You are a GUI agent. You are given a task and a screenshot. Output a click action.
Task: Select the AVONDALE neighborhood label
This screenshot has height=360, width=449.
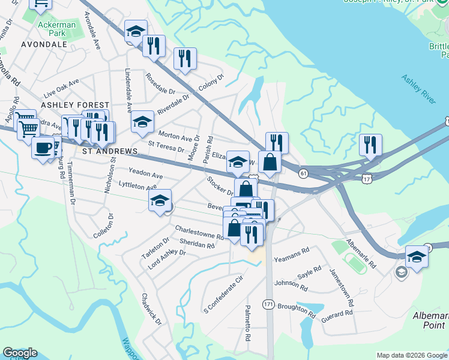[x=43, y=44]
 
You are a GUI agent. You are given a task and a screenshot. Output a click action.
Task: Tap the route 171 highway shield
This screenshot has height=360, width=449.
[x=268, y=305]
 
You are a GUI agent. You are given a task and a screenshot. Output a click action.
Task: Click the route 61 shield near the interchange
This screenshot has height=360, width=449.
[x=303, y=173]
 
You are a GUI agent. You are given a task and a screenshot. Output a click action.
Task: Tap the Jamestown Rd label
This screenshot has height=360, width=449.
[x=340, y=287]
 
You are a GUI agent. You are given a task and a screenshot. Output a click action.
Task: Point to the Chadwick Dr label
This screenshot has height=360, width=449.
[x=151, y=309]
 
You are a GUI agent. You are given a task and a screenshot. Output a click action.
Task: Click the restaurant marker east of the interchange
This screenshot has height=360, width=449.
[x=370, y=145]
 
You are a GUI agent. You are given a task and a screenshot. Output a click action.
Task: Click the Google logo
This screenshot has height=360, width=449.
[x=20, y=353]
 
